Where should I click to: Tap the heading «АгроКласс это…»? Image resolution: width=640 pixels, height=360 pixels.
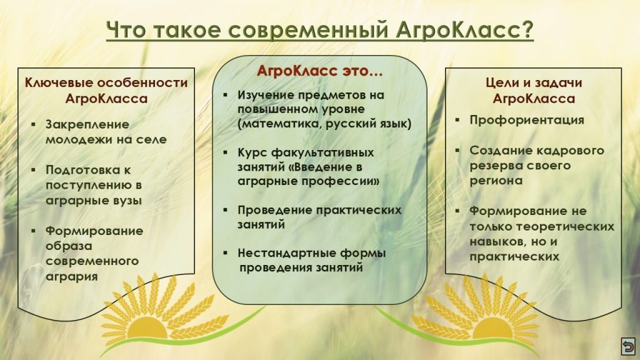(x=319, y=71)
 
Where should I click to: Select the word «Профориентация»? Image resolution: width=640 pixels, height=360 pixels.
(x=526, y=120)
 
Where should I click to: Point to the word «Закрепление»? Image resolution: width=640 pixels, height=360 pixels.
(x=87, y=124)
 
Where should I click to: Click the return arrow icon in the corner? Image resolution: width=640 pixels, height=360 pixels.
(x=627, y=346)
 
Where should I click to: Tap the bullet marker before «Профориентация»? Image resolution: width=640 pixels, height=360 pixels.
(x=457, y=120)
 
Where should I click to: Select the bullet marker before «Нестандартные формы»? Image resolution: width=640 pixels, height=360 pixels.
(x=225, y=253)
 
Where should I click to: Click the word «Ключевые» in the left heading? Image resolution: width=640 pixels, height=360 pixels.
(x=59, y=83)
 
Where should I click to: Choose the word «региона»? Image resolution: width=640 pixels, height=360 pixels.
(x=496, y=181)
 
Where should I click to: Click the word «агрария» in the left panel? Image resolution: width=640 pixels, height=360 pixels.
(x=71, y=277)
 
